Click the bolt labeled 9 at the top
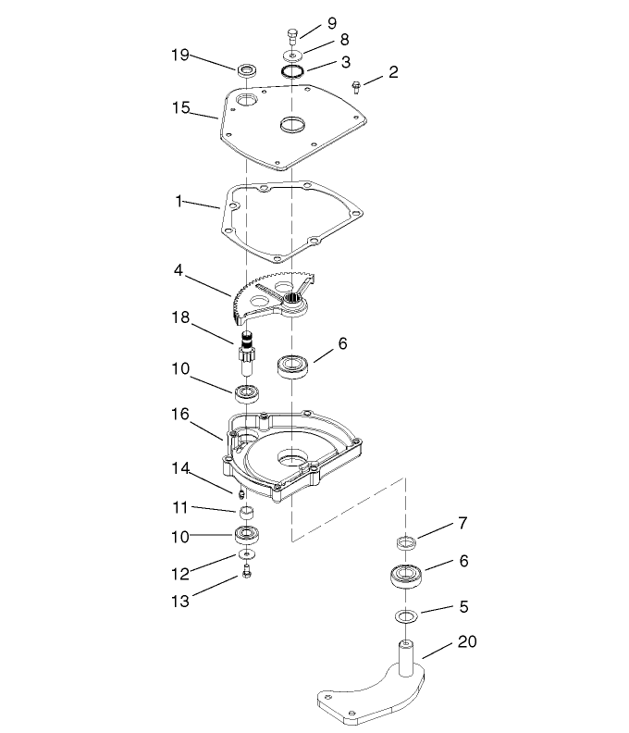[x=292, y=36]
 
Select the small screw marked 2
[x=357, y=87]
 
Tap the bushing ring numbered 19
[x=247, y=70]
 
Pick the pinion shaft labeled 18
[x=247, y=353]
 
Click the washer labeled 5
[x=404, y=615]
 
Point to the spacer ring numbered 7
[x=404, y=540]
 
